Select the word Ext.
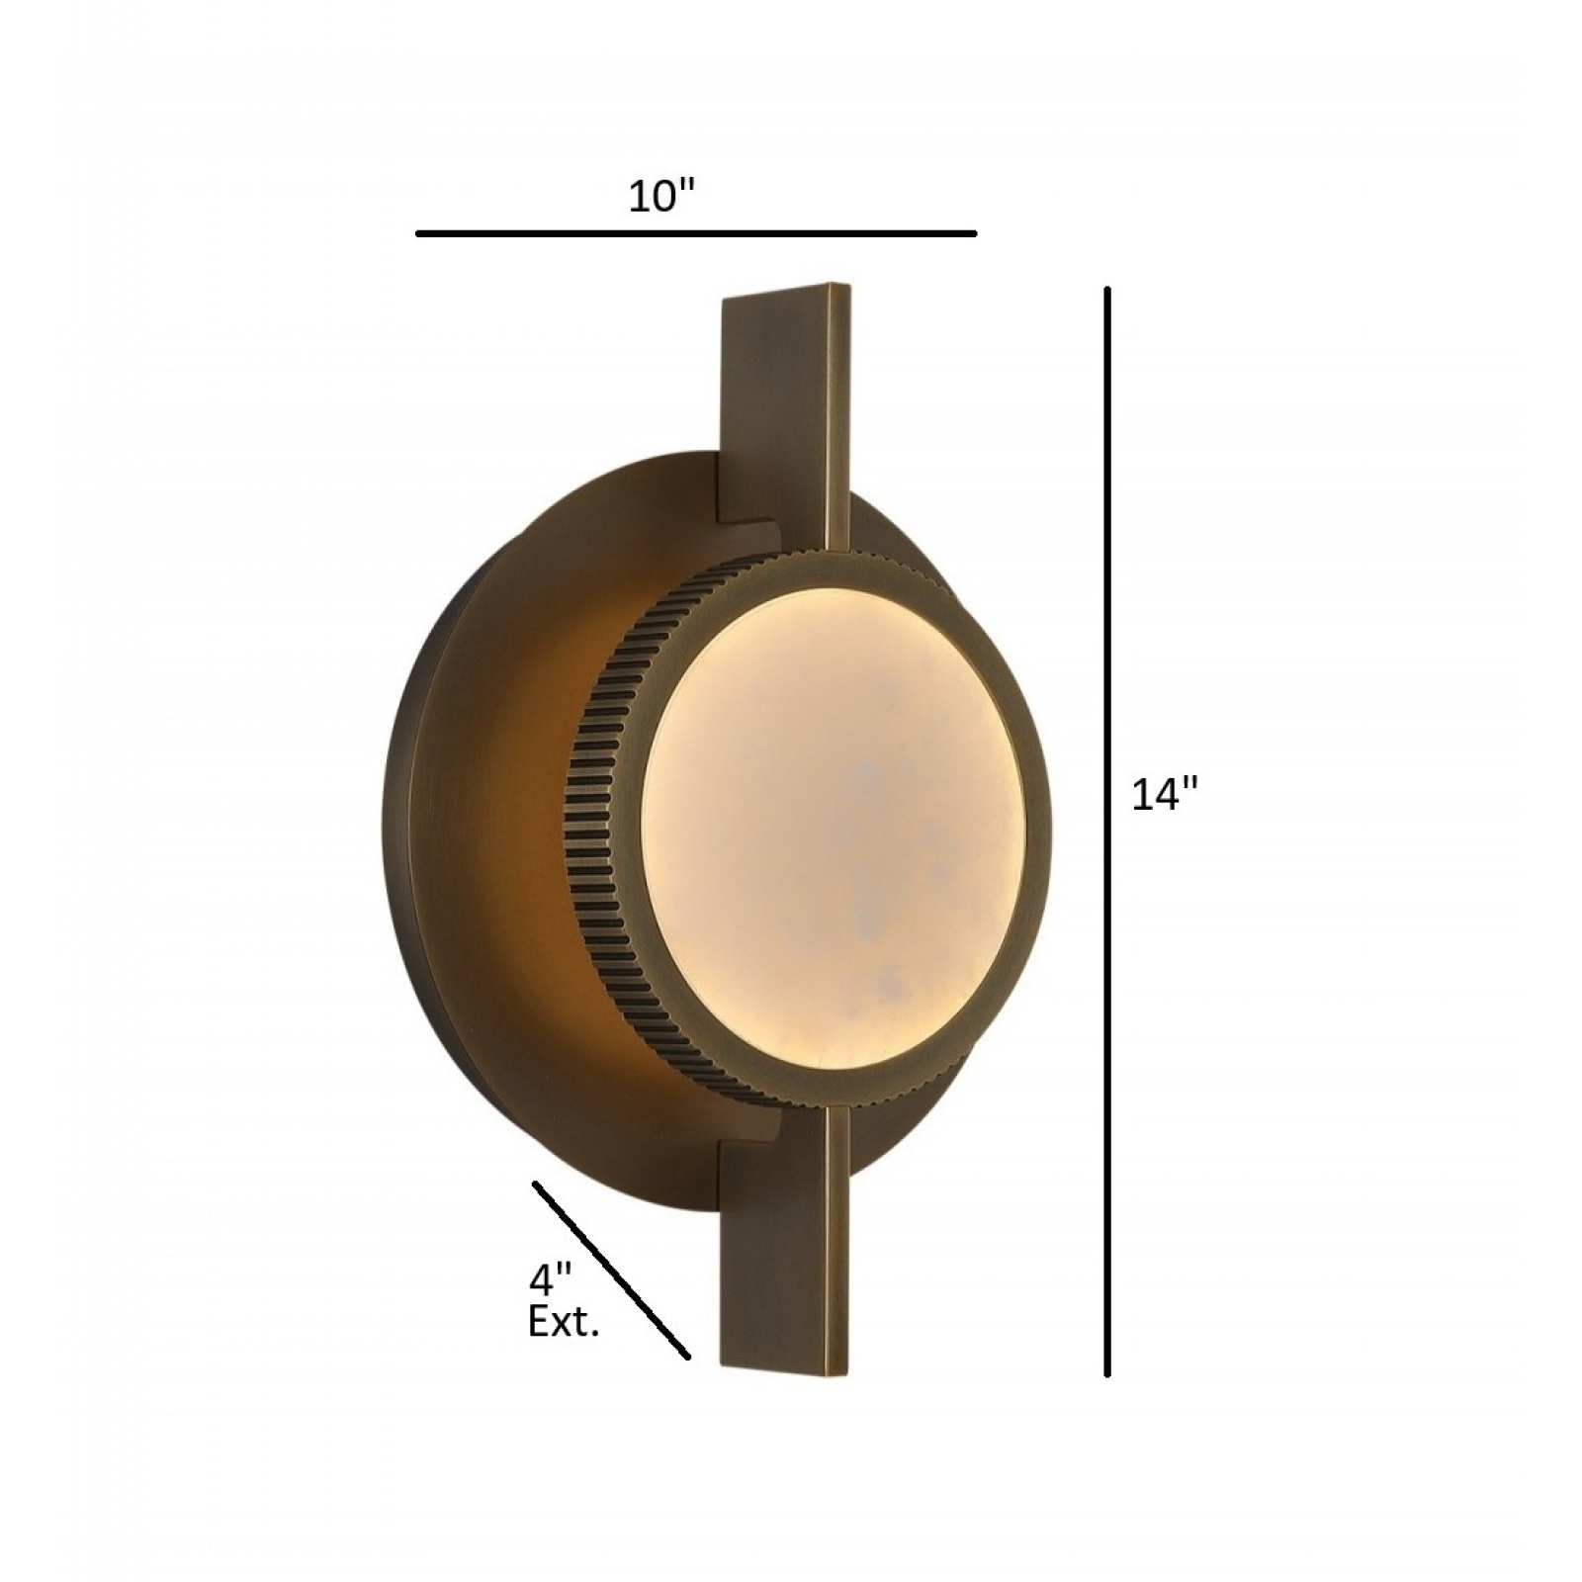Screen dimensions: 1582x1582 click(564, 1323)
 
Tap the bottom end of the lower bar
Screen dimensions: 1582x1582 click(786, 1372)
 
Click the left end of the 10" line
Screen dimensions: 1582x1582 click(419, 234)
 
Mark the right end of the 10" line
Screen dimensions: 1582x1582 click(975, 234)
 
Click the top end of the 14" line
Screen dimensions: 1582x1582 click(1107, 290)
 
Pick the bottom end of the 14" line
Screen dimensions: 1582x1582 click(1107, 1373)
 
